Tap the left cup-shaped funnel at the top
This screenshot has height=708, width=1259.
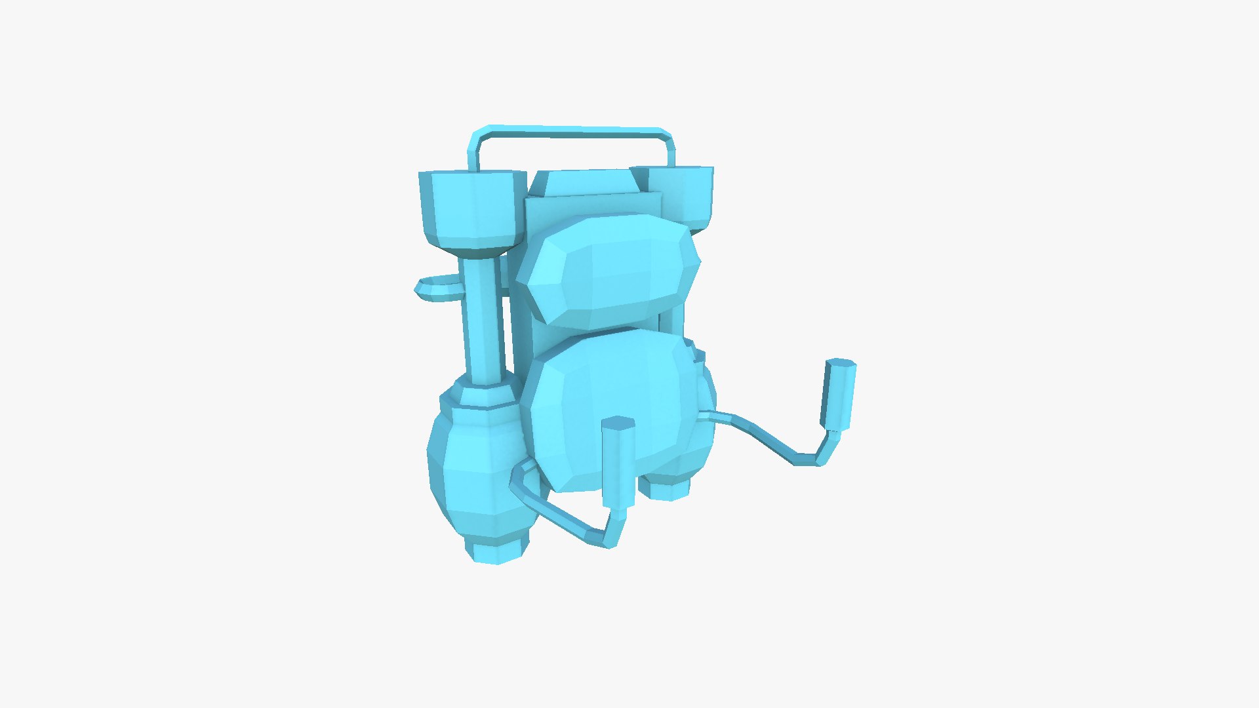(x=471, y=206)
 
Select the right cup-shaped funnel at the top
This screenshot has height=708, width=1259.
(x=685, y=193)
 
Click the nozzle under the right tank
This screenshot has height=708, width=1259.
(x=666, y=488)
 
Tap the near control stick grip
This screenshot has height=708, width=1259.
(x=618, y=462)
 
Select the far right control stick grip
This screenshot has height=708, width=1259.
(x=839, y=393)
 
